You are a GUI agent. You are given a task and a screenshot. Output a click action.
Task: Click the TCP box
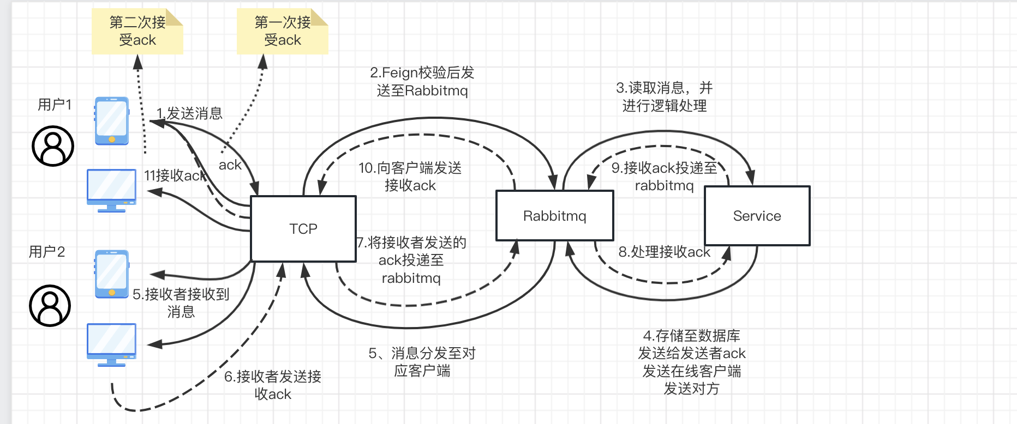coord(303,229)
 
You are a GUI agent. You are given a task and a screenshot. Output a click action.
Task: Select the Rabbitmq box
coord(554,216)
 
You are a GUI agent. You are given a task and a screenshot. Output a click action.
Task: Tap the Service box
coord(757,216)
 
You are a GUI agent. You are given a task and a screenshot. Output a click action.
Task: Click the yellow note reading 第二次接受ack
coord(137,31)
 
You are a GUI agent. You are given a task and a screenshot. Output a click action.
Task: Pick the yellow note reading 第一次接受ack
coord(282,31)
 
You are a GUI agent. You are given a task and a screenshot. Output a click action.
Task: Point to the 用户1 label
coord(55,104)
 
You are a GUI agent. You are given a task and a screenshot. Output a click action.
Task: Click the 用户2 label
coord(47,251)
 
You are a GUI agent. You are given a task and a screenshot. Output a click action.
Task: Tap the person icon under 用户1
coord(53,146)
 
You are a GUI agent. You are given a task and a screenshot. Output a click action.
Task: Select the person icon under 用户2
coord(50,306)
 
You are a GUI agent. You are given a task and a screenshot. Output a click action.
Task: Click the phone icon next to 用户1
coord(112,121)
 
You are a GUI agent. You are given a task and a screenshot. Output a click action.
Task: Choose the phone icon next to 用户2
coord(112,274)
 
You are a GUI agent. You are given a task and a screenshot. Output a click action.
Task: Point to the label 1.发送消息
coord(189,113)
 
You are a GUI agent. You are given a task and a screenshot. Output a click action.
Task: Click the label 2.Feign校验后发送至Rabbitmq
coord(422,81)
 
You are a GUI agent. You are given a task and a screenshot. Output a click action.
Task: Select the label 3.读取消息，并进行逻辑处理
coord(664,96)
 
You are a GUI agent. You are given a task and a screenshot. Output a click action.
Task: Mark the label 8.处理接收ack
coord(664,252)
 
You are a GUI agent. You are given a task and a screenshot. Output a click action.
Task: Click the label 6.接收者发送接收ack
coord(273,385)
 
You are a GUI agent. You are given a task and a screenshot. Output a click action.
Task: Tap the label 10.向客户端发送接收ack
coord(410,177)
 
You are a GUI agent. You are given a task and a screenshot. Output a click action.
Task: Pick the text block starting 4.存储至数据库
coord(691,362)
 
